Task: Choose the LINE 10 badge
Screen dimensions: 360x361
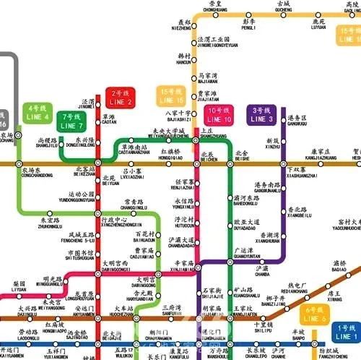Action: pyautogui.click(x=219, y=114)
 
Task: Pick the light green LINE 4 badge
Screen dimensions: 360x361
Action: pyautogui.click(x=37, y=113)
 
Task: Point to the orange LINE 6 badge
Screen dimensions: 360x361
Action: pyautogui.click(x=316, y=314)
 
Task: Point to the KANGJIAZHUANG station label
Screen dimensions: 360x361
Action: pyautogui.click(x=319, y=155)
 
